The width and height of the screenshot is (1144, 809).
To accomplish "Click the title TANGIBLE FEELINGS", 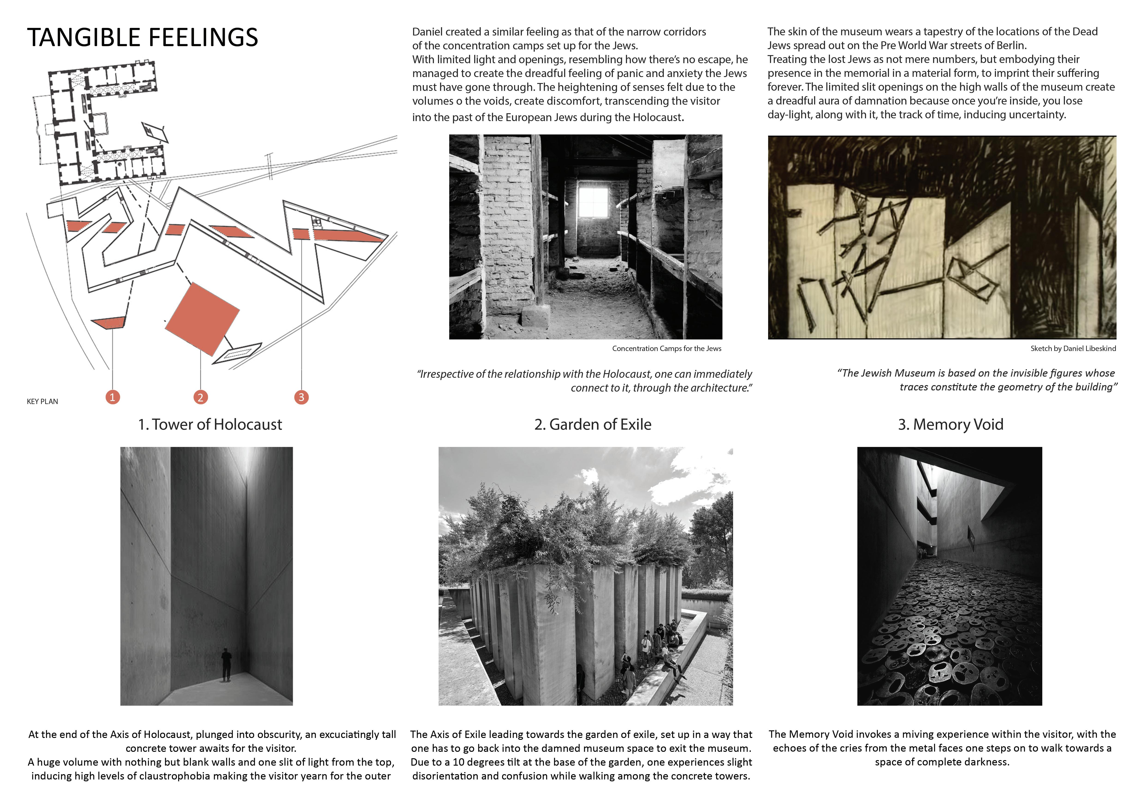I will (x=143, y=37).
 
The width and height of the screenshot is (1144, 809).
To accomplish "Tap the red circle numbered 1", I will (x=113, y=397).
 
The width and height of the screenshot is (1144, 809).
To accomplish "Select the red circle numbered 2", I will (x=200, y=397).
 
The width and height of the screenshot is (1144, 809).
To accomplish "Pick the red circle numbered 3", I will (x=301, y=397).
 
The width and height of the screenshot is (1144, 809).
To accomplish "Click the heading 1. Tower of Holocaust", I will (x=210, y=424).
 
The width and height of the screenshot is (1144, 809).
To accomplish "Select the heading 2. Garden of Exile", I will (x=592, y=424).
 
